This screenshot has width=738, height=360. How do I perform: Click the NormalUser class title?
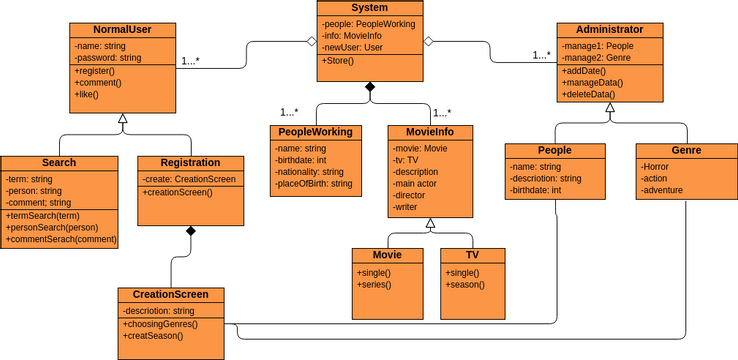(123, 30)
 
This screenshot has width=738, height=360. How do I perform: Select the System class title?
(370, 8)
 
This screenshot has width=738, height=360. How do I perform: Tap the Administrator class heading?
(610, 30)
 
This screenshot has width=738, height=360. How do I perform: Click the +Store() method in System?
(340, 62)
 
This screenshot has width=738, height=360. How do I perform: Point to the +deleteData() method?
(589, 94)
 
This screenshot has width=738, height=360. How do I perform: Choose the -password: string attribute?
(109, 58)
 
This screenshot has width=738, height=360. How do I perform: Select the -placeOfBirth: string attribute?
(314, 184)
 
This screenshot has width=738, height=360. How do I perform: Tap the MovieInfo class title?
(430, 132)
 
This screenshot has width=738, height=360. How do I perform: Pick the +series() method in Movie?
(374, 285)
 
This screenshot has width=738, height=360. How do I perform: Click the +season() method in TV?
(465, 285)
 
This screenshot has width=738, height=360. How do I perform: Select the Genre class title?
(686, 150)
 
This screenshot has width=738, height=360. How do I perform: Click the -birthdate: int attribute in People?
(536, 190)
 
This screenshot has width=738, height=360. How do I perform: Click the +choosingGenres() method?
(161, 324)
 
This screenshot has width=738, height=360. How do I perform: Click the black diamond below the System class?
(370, 89)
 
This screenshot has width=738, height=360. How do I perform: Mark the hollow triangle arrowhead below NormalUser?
(123, 120)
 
